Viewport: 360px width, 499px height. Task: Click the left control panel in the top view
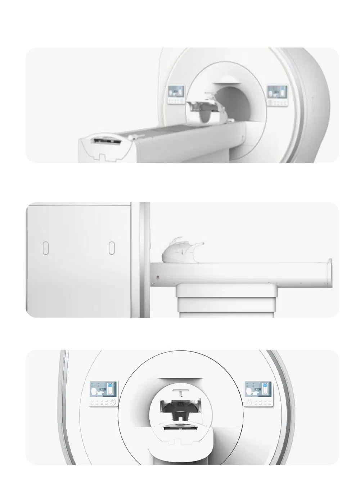pos(176,95)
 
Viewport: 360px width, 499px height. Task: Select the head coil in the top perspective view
pos(204,109)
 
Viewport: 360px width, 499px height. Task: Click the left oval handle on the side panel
pos(46,248)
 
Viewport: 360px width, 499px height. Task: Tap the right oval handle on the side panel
pos(112,248)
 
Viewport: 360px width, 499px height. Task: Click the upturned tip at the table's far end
pos(329,260)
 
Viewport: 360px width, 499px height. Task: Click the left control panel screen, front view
pos(104,390)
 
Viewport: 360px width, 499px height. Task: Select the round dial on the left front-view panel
pos(113,402)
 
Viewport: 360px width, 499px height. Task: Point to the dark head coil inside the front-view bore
pos(179,410)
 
